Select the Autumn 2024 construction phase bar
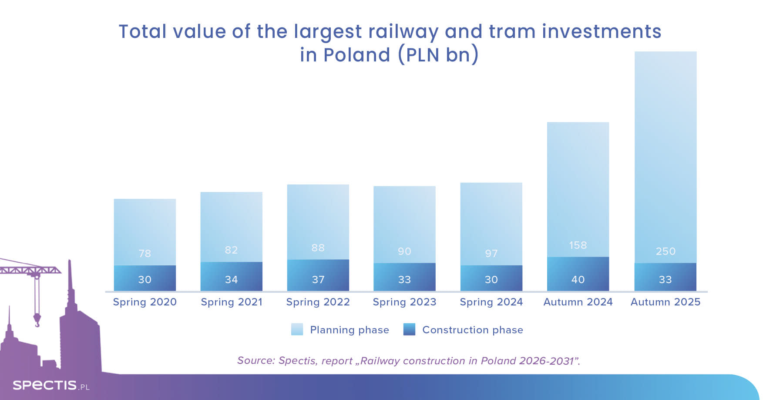click(578, 274)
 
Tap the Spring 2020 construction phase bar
click(145, 278)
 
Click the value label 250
click(666, 251)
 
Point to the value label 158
click(578, 245)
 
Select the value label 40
click(578, 280)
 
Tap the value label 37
click(318, 280)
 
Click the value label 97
click(491, 254)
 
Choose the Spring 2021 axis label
click(231, 302)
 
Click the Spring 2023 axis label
click(404, 302)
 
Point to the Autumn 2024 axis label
click(578, 302)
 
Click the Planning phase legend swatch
click(297, 329)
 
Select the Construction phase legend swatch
click(409, 329)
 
